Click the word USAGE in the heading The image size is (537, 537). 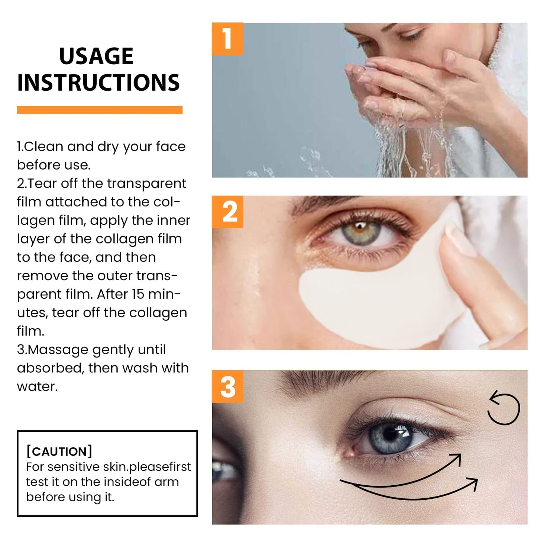[96, 56]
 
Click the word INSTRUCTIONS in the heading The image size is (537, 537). [98, 83]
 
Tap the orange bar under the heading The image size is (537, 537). [100, 110]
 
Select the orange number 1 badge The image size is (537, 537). [227, 39]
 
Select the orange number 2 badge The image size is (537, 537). [227, 212]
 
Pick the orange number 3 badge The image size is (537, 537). [227, 386]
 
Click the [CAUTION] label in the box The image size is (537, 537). [59, 451]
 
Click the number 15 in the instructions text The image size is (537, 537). [138, 294]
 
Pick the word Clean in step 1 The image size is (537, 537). [44, 146]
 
